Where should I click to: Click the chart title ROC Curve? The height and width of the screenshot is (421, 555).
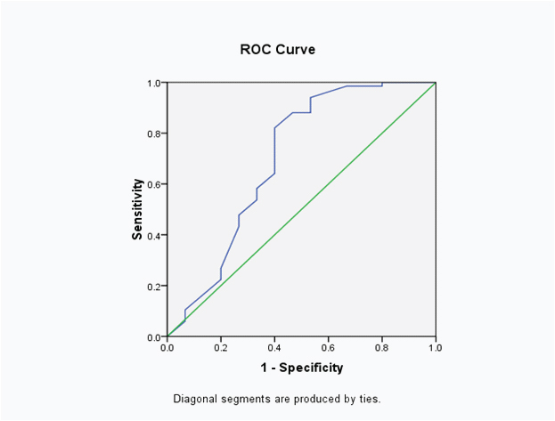pyautogui.click(x=277, y=50)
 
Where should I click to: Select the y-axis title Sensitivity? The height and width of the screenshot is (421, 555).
pyautogui.click(x=138, y=210)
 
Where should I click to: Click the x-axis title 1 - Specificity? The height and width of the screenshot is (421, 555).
pyautogui.click(x=301, y=367)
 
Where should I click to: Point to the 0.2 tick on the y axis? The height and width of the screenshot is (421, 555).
pyautogui.click(x=154, y=287)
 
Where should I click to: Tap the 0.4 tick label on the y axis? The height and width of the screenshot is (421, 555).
pyautogui.click(x=154, y=236)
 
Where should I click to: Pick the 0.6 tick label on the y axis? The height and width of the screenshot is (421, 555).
pyautogui.click(x=154, y=185)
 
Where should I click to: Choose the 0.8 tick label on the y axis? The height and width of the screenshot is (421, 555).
pyautogui.click(x=154, y=134)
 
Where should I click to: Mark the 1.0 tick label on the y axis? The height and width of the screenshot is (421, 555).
pyautogui.click(x=154, y=83)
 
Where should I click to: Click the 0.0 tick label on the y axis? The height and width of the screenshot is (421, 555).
pyautogui.click(x=154, y=337)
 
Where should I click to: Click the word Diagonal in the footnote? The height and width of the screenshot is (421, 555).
pyautogui.click(x=195, y=398)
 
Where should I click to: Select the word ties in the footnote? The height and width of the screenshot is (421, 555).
pyautogui.click(x=369, y=398)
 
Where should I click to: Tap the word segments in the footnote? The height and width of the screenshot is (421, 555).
pyautogui.click(x=246, y=399)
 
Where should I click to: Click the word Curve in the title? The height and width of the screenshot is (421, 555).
pyautogui.click(x=297, y=50)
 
